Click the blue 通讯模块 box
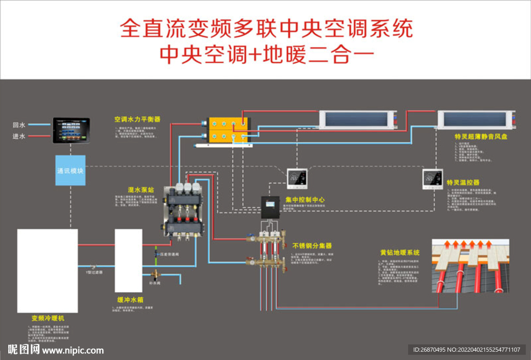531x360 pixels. (70, 170)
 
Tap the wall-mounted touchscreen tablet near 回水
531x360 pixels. (71, 130)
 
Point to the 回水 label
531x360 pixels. (19, 125)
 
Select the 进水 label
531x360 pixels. (19, 136)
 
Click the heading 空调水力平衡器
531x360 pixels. (137, 119)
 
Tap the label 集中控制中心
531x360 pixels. (305, 200)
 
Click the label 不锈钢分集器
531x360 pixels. (312, 245)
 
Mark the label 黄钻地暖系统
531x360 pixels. (399, 253)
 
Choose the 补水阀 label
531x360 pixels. (155, 284)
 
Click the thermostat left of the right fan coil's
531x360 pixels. (297, 178)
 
